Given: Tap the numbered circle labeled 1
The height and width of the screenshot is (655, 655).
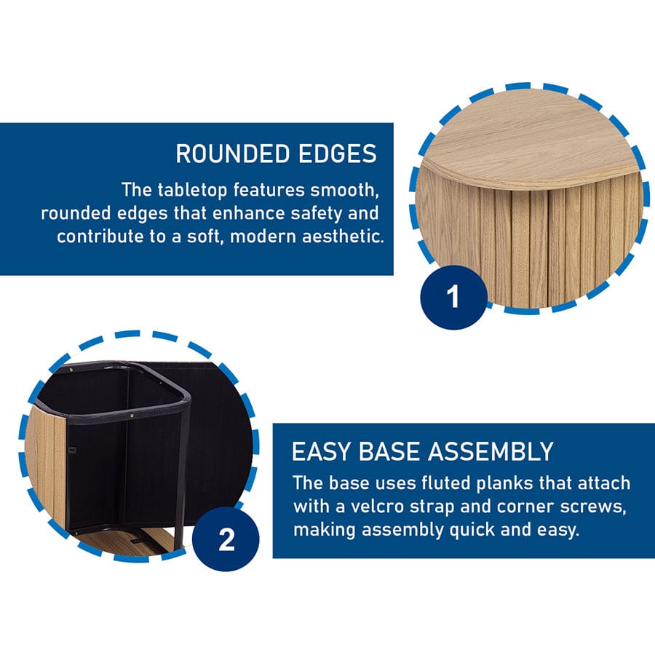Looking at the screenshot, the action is click(x=453, y=297).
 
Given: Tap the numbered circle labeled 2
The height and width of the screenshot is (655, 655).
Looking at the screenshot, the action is click(x=226, y=539).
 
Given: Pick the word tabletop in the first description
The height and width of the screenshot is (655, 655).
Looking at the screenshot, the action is click(x=192, y=190).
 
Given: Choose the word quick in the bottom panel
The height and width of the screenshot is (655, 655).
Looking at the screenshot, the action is click(x=472, y=530).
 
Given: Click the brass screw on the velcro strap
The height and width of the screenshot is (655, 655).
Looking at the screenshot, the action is click(x=132, y=416).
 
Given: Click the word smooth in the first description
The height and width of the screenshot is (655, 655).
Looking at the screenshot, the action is click(x=344, y=191).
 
